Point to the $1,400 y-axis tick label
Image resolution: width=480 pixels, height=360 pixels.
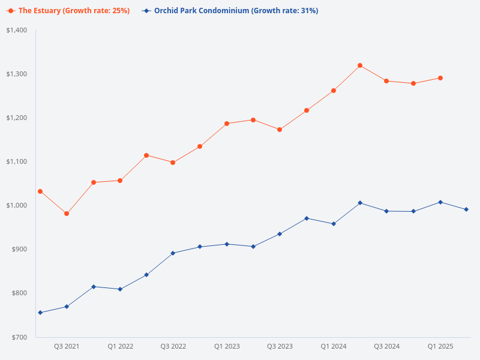pos(17,30)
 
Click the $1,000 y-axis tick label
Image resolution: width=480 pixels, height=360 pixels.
pos(17,205)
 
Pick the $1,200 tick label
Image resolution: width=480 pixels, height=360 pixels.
pos(17,118)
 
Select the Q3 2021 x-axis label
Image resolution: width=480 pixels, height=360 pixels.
pos(67,347)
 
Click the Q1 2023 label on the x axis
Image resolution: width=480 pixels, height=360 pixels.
pos(227,347)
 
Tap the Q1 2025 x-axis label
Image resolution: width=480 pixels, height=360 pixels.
pos(440,347)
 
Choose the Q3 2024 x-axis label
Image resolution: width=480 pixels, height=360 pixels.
pos(386,347)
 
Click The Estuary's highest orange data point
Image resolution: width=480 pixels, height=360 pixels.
pos(360,65)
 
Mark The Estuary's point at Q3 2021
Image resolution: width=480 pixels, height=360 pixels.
pos(67,214)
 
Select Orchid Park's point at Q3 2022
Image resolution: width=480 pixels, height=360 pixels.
pos(173,253)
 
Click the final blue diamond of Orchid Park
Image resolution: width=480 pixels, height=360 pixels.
pos(466,209)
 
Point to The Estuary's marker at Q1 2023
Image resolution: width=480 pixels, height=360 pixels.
pos(227,124)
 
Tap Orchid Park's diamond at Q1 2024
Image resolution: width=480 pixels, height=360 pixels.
pos(334,224)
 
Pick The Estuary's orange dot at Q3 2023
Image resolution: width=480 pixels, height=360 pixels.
pos(280,130)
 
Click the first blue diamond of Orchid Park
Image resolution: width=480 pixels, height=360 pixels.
pos(40,313)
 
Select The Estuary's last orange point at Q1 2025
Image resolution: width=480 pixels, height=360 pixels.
pos(440,78)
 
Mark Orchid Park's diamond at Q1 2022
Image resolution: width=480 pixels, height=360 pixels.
pos(120,289)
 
